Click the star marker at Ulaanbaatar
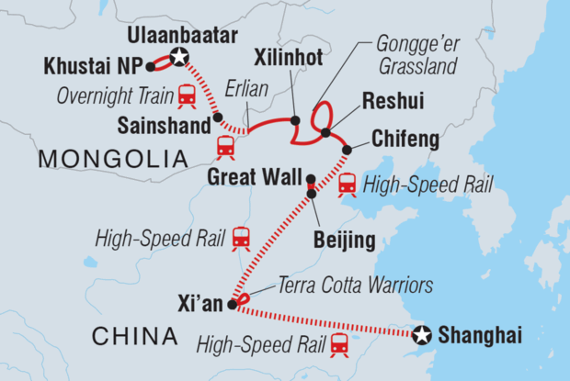[179, 58]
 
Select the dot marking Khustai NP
[150, 67]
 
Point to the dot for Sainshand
[217, 117]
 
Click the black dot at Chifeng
[348, 150]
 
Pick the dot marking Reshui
[325, 133]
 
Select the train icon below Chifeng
[348, 185]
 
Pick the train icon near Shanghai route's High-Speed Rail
[339, 345]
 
